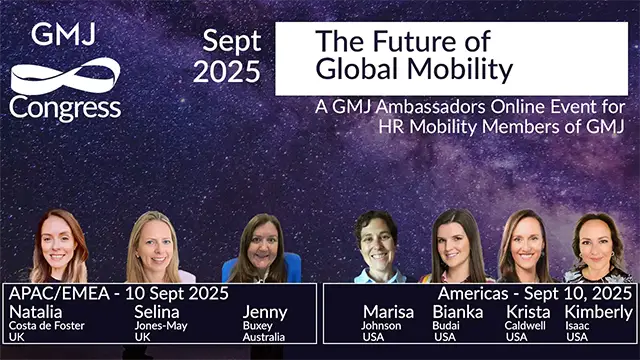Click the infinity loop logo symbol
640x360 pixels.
click(65, 76)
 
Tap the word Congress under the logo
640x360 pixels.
click(65, 106)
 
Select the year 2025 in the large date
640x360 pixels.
click(226, 71)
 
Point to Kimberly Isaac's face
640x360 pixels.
click(598, 244)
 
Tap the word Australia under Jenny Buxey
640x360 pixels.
click(263, 337)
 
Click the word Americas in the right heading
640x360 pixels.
click(471, 293)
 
